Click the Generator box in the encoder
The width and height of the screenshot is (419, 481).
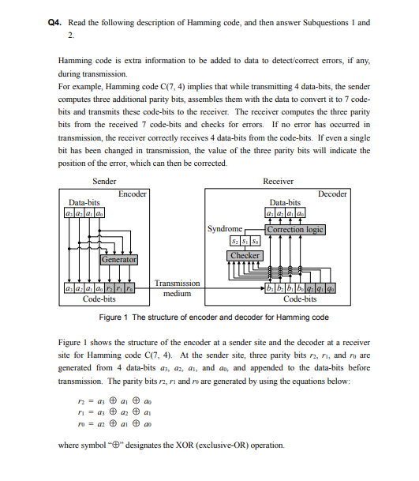point(118,259)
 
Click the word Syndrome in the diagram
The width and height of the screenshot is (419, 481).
point(224,229)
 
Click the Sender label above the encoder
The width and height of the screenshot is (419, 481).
point(94,181)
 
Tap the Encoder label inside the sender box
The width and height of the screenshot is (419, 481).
point(133,194)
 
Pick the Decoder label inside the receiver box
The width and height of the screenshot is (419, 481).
point(332,194)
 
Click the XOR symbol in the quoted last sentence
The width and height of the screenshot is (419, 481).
point(120,445)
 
